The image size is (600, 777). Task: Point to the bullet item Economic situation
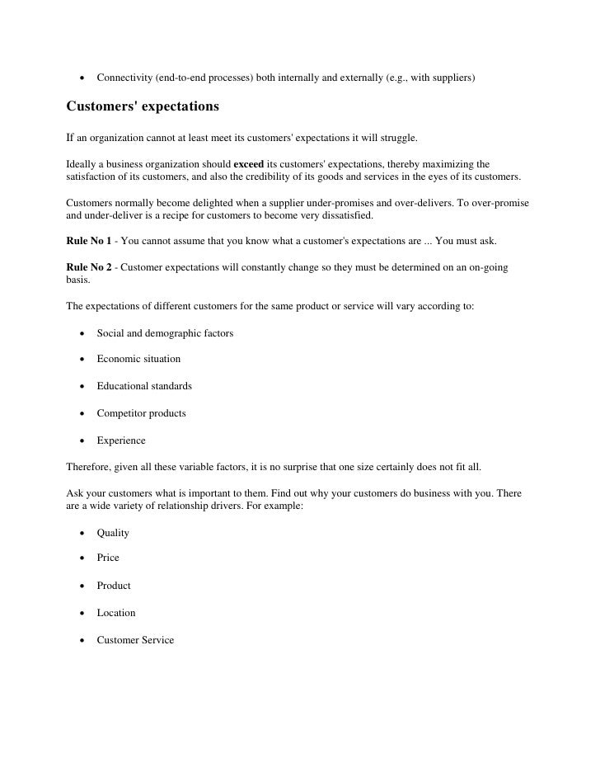click(x=138, y=360)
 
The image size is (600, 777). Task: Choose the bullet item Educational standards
click(x=144, y=386)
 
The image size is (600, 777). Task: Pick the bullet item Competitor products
click(x=141, y=413)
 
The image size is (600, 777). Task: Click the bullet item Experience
click(x=121, y=440)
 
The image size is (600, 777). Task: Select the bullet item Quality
click(x=113, y=533)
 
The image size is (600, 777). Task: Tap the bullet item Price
click(x=108, y=558)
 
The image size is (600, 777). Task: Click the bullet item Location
click(x=116, y=613)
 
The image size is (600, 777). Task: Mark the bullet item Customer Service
click(x=135, y=640)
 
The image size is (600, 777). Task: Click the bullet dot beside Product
click(x=82, y=586)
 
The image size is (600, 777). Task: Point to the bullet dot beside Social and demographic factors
click(x=82, y=334)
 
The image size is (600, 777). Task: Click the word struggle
click(x=398, y=134)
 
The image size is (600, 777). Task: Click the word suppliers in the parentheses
click(x=448, y=78)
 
